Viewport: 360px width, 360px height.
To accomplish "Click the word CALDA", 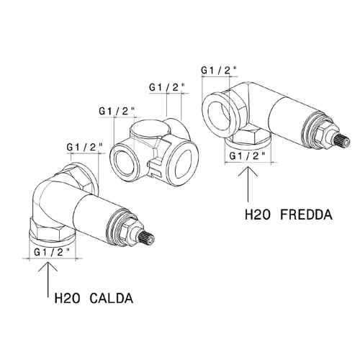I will (x=112, y=297).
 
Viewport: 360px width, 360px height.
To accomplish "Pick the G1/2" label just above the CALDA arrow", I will (x=52, y=252).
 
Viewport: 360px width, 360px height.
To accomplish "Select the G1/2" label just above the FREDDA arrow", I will (x=248, y=154).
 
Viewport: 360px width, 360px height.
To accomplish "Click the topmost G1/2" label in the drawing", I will (x=219, y=70).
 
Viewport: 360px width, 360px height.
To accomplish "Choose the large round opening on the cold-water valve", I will (x=220, y=109).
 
